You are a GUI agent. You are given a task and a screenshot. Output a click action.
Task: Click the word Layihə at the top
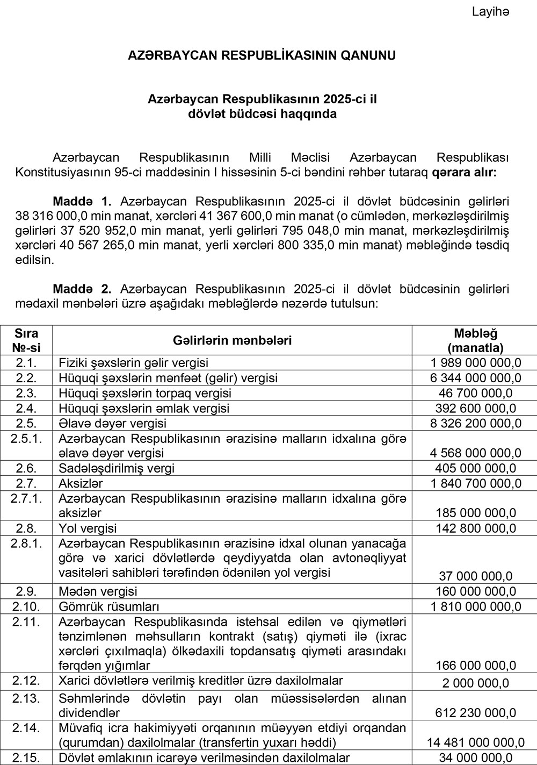pos(490,11)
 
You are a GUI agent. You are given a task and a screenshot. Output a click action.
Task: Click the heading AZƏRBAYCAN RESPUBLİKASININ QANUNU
pos(262,55)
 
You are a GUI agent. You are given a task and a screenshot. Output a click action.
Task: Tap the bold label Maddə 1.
pos(82,202)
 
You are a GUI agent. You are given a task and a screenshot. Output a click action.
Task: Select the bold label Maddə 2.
pos(82,289)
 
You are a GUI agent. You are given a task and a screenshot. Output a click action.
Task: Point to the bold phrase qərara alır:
pos(465,173)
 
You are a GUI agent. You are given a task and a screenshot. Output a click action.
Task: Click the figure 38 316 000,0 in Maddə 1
pos(48,216)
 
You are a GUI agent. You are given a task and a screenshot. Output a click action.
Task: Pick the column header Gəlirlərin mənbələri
pos(233,340)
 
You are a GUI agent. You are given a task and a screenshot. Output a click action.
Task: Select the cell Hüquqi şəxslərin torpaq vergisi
pos(145,393)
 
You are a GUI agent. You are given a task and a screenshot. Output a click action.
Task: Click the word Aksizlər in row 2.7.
pos(81,483)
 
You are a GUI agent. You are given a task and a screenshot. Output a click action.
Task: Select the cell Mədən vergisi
pos(98,591)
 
